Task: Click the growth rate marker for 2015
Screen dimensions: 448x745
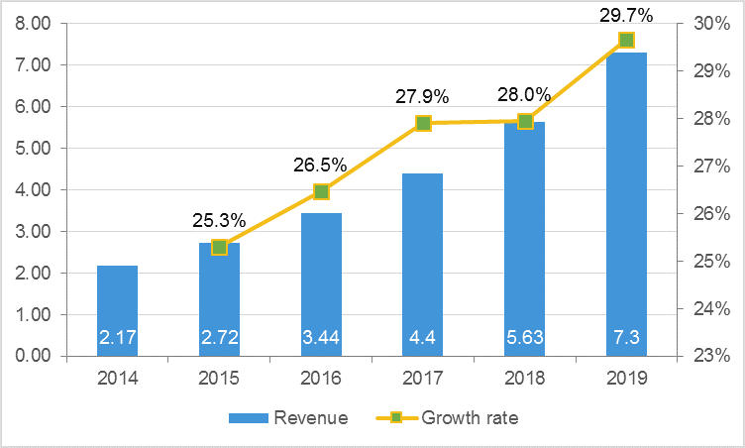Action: [x=220, y=247]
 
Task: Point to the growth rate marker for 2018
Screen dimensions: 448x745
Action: [x=525, y=122]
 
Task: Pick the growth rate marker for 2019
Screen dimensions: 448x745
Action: [x=626, y=41]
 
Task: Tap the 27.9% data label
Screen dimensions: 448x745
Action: [x=423, y=96]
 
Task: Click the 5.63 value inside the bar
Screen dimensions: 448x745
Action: [x=525, y=338]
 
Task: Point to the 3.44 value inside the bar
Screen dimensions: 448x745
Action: [x=321, y=338]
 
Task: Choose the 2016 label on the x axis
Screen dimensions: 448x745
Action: [x=321, y=378]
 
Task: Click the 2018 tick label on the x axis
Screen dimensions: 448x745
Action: [x=525, y=378]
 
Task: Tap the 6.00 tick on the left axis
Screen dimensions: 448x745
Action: [x=35, y=107]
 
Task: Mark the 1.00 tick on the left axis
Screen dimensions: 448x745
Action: [x=35, y=315]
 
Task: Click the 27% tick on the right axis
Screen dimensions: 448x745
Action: [x=710, y=167]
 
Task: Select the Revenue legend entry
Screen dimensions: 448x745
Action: [x=288, y=418]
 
